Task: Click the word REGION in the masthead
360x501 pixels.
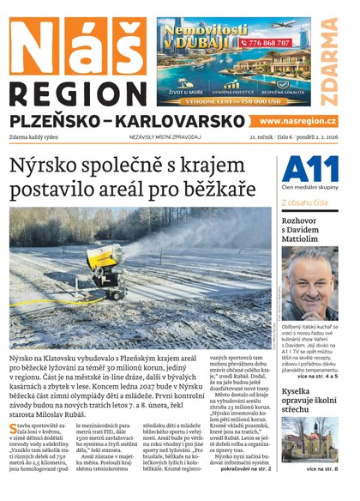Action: pos(76,95)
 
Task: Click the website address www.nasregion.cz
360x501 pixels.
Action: pos(297,121)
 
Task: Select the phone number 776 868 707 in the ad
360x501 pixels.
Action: pos(267,41)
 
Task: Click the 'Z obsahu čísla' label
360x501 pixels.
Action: pos(304,202)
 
